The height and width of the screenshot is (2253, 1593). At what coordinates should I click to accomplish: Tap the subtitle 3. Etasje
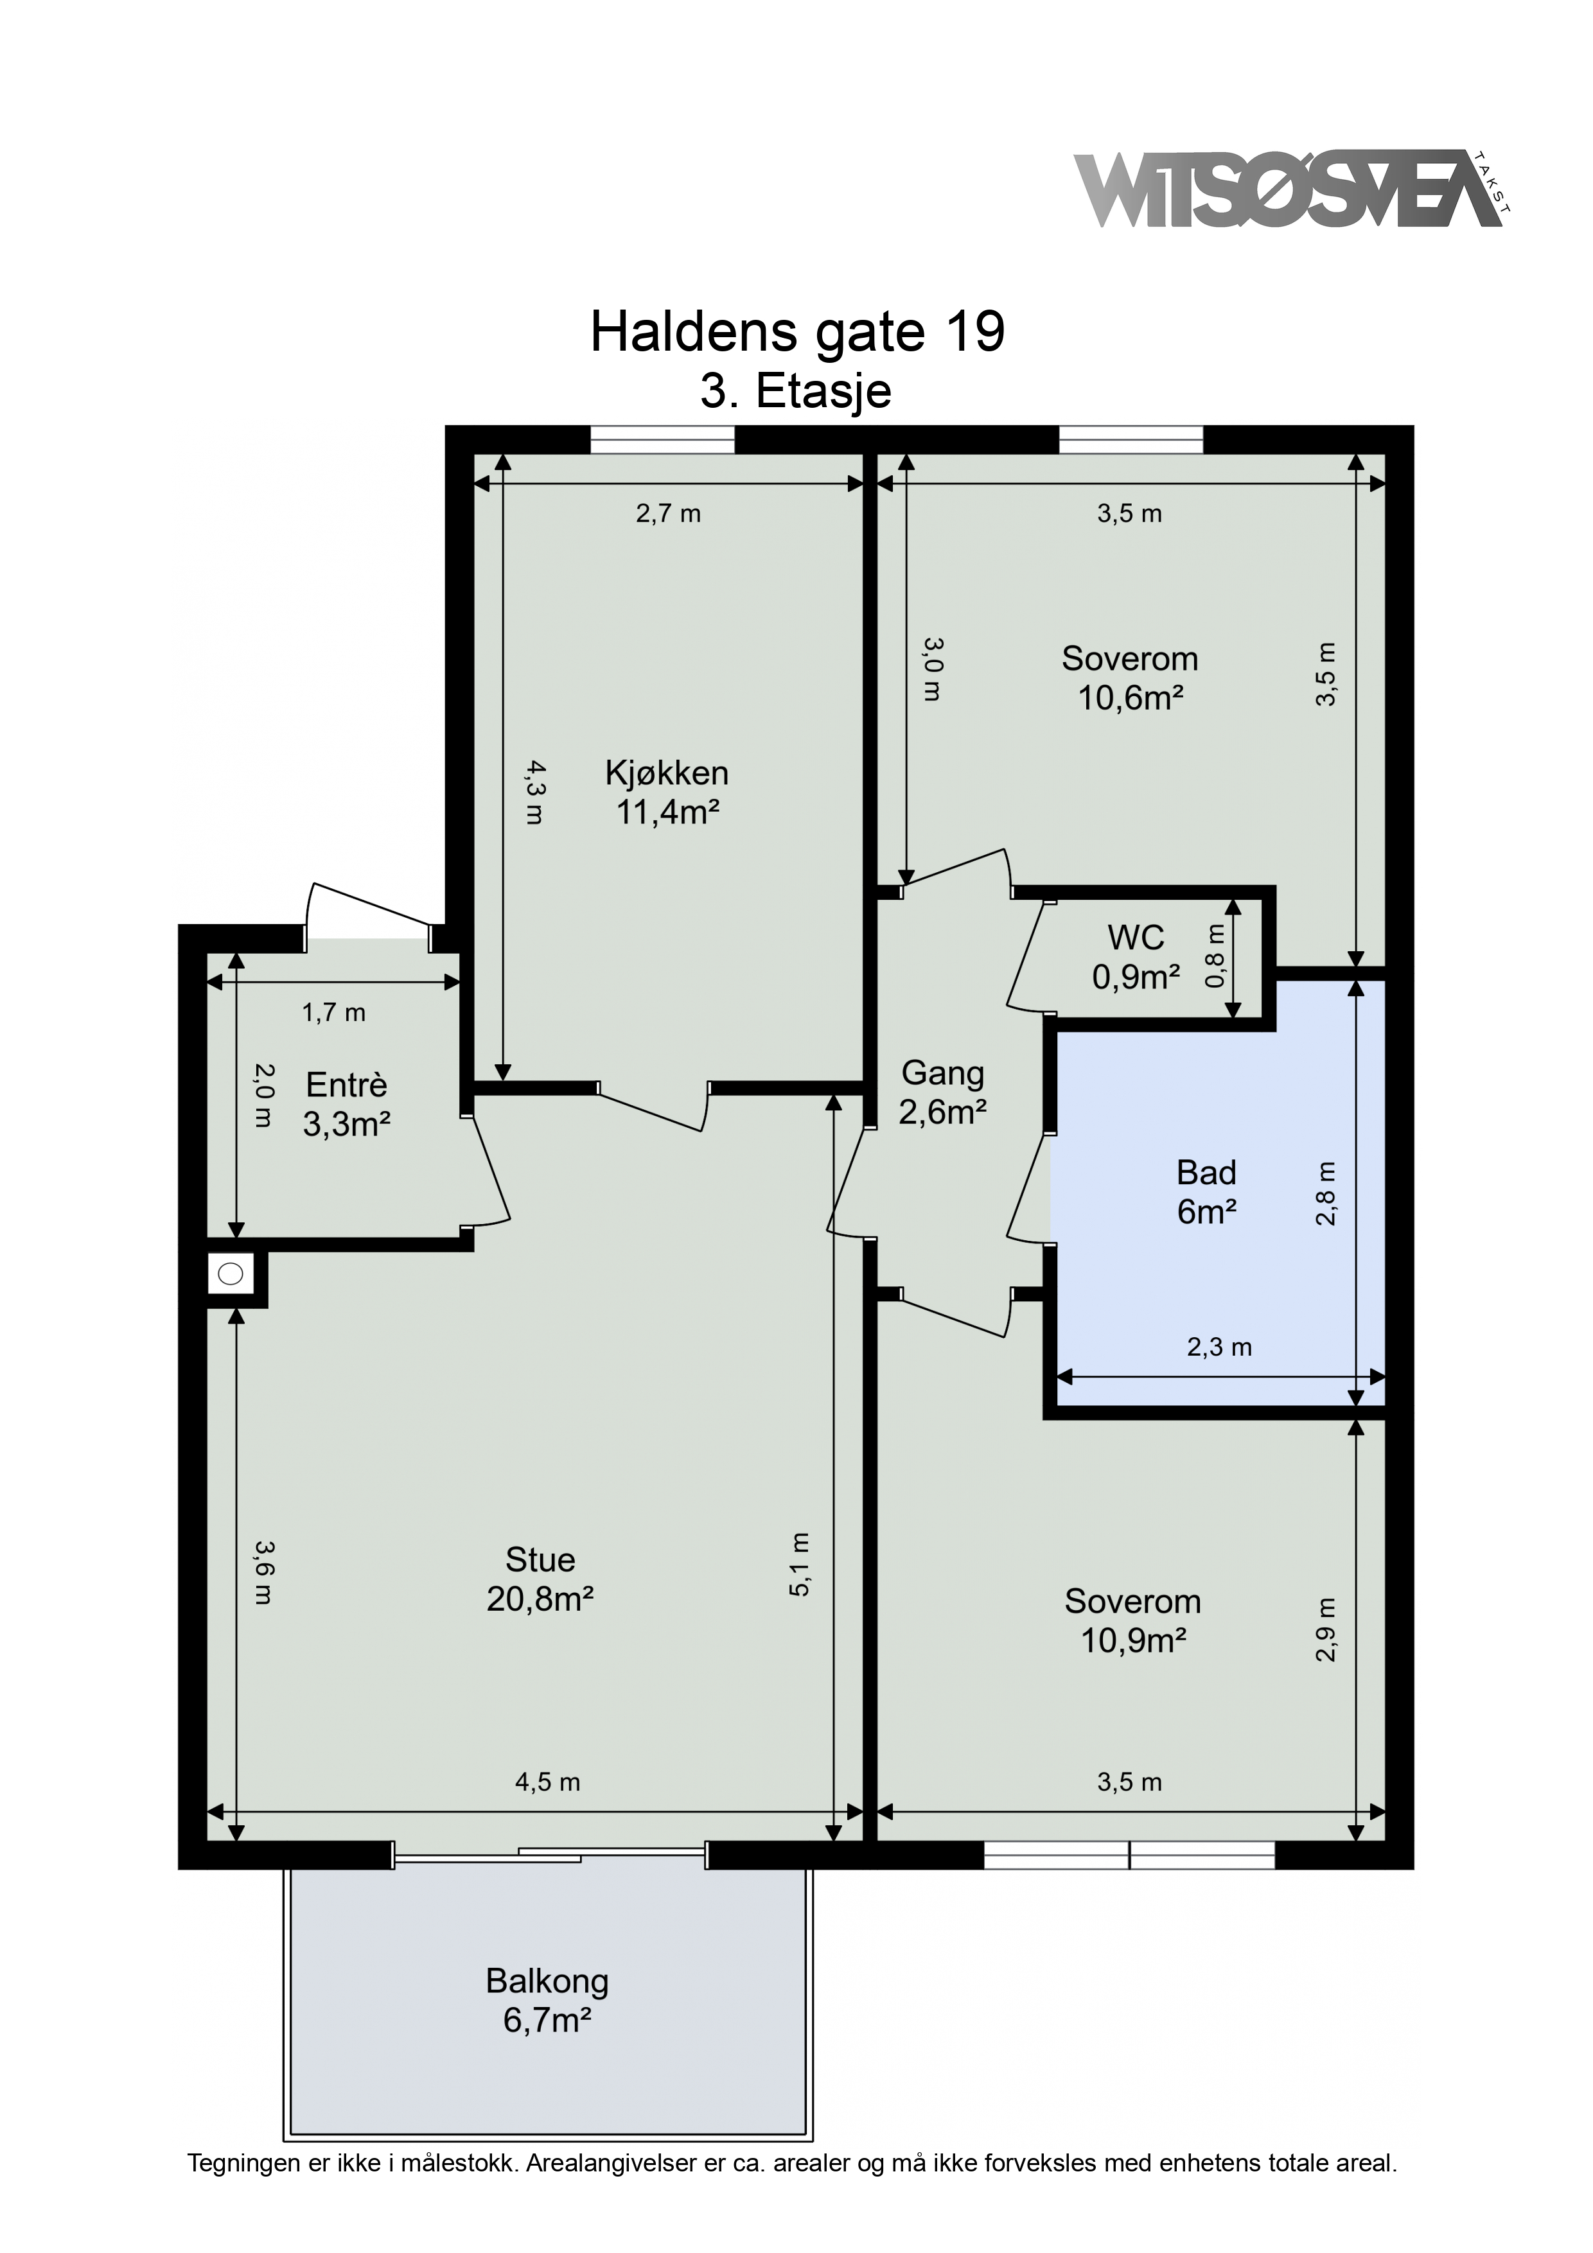(x=796, y=392)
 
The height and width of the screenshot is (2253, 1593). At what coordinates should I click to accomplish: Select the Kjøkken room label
(x=667, y=773)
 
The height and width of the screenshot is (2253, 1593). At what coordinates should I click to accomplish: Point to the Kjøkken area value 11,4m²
(x=667, y=812)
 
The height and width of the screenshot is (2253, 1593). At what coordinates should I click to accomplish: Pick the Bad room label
(x=1206, y=1173)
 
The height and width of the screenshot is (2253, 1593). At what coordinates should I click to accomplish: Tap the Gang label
(x=942, y=1073)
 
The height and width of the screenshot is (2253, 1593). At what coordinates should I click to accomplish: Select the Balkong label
(x=547, y=1981)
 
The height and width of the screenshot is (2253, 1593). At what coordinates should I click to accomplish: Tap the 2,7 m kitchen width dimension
(x=669, y=513)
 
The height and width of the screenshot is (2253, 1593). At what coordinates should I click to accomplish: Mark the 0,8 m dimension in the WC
(x=1216, y=957)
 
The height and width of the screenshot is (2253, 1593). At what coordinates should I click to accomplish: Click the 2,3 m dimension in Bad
(x=1219, y=1347)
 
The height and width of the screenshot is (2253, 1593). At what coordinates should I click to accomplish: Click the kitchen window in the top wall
(x=662, y=439)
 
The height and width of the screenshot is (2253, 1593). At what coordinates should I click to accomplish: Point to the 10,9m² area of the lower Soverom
(x=1134, y=1641)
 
